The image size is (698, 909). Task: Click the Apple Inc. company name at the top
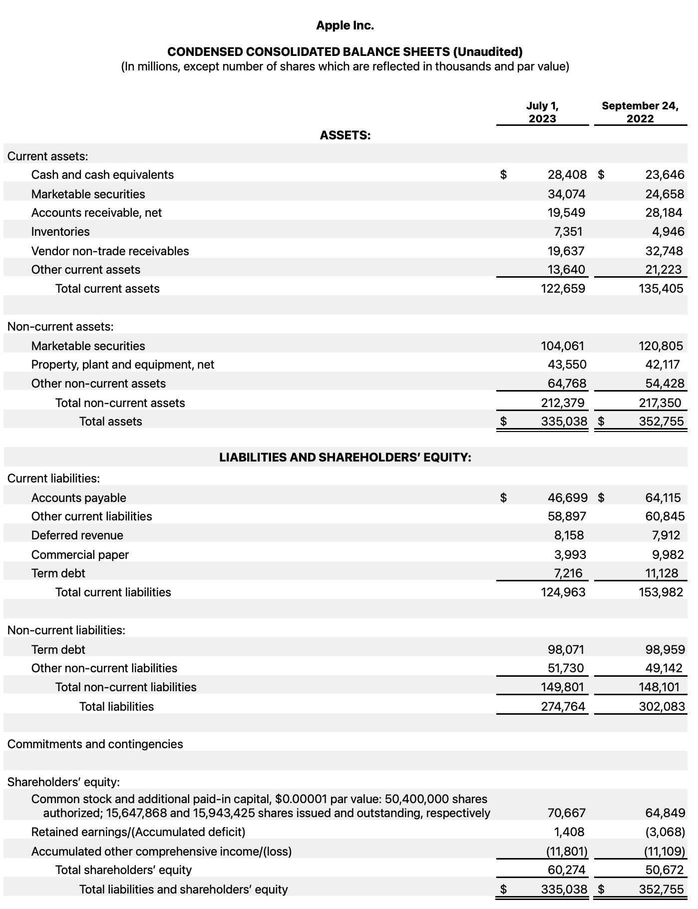pyautogui.click(x=345, y=25)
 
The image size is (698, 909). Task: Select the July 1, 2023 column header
pyautogui.click(x=542, y=112)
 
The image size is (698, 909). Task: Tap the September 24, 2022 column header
pyautogui.click(x=640, y=112)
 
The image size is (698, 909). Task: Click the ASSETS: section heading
pyautogui.click(x=345, y=135)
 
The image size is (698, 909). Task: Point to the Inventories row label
pyautogui.click(x=60, y=232)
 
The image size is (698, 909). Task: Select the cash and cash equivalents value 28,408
pyautogui.click(x=567, y=175)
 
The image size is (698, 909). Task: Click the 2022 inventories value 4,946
pyautogui.click(x=668, y=232)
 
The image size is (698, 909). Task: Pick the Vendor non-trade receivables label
pyautogui.click(x=110, y=251)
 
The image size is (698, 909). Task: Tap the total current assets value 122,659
pyautogui.click(x=563, y=289)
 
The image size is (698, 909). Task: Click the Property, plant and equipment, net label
pyautogui.click(x=122, y=365)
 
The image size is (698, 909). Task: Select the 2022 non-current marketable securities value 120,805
pyautogui.click(x=661, y=346)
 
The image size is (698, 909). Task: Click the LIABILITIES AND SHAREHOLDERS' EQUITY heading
pyautogui.click(x=345, y=457)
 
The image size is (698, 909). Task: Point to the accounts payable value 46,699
pyautogui.click(x=567, y=497)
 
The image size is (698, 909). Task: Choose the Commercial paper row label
pyautogui.click(x=80, y=555)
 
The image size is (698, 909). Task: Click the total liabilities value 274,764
pyautogui.click(x=563, y=706)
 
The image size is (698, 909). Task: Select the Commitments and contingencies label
pyautogui.click(x=95, y=744)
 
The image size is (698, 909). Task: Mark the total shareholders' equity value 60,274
pyautogui.click(x=566, y=870)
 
